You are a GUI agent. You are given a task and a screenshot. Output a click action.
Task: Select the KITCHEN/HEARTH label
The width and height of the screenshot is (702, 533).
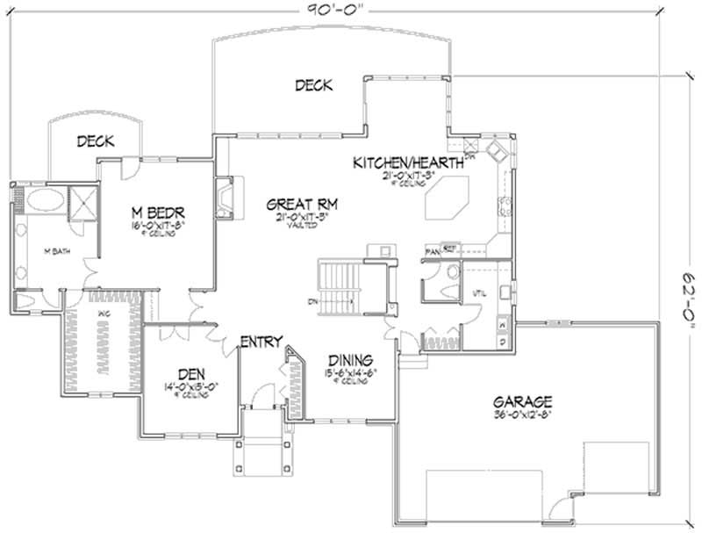click(409, 163)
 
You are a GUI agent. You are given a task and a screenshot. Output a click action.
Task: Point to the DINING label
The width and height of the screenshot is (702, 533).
click(351, 360)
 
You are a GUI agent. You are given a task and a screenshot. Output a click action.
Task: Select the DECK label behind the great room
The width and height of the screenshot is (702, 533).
click(312, 85)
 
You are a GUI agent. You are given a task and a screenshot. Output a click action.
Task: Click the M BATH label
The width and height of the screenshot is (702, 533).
click(57, 250)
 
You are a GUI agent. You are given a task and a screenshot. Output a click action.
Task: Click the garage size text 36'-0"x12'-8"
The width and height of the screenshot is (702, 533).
click(523, 415)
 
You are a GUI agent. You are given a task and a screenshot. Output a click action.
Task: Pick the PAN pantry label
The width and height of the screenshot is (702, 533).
click(431, 250)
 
